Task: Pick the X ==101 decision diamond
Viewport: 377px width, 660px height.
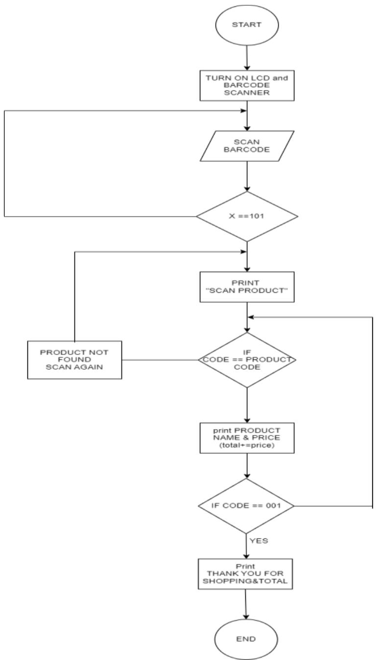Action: coord(247,216)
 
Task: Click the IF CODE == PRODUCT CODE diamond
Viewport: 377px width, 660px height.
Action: coord(247,360)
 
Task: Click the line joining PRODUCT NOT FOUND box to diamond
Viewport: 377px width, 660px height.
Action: coord(160,360)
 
